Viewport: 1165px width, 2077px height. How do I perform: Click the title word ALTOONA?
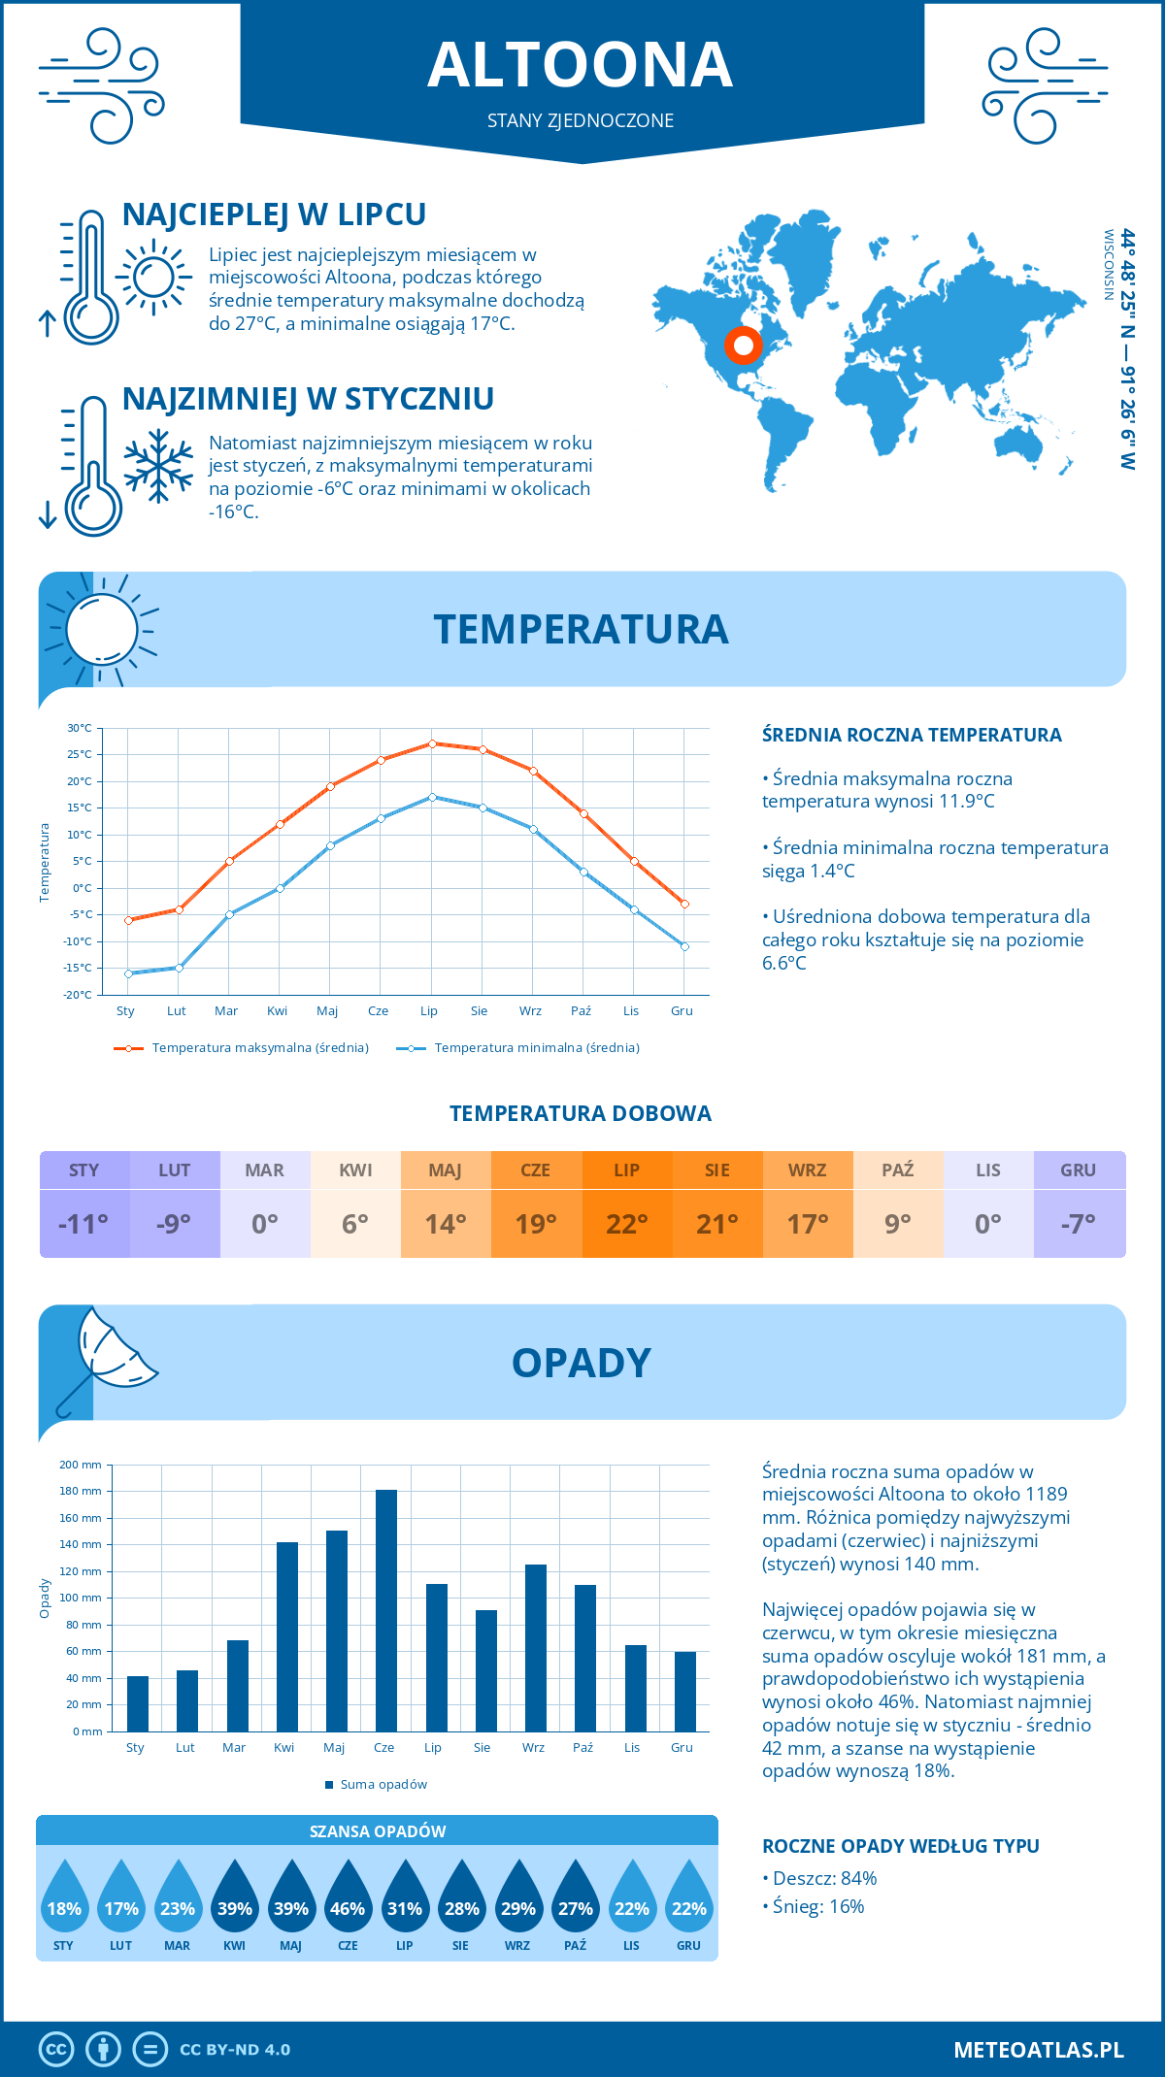tap(581, 65)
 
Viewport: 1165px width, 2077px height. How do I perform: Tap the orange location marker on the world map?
tap(744, 345)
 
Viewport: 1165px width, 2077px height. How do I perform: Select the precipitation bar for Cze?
tap(385, 1611)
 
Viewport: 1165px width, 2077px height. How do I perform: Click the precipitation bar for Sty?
tap(138, 1703)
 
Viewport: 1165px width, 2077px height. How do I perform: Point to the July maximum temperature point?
tap(432, 743)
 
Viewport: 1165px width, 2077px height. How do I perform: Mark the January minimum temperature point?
tap(128, 973)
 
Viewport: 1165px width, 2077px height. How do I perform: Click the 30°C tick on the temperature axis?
tap(80, 728)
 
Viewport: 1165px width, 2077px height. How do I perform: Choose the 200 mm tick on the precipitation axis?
tap(81, 1465)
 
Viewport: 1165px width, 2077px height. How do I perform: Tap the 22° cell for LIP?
tap(626, 1224)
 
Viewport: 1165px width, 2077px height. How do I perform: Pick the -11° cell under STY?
tap(83, 1224)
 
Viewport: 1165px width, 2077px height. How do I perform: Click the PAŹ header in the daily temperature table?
tap(897, 1170)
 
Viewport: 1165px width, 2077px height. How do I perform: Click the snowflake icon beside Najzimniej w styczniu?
tap(158, 465)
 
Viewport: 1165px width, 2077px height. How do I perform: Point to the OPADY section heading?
tap(581, 1363)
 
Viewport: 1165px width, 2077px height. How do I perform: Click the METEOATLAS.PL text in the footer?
tap(1038, 2050)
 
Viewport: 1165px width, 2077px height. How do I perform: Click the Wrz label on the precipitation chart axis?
tap(533, 1748)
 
